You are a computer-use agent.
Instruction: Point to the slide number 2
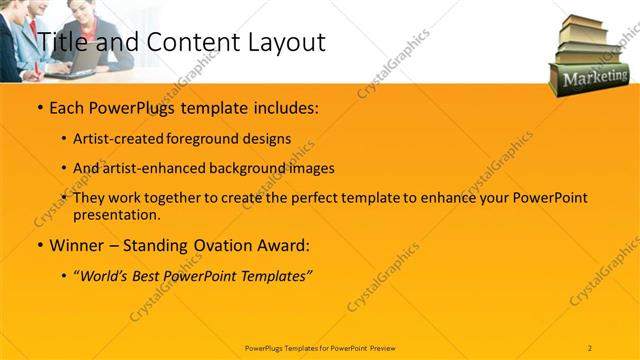(590, 347)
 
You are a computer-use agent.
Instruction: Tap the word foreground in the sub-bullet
(205, 139)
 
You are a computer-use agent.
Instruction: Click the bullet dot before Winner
(38, 245)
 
